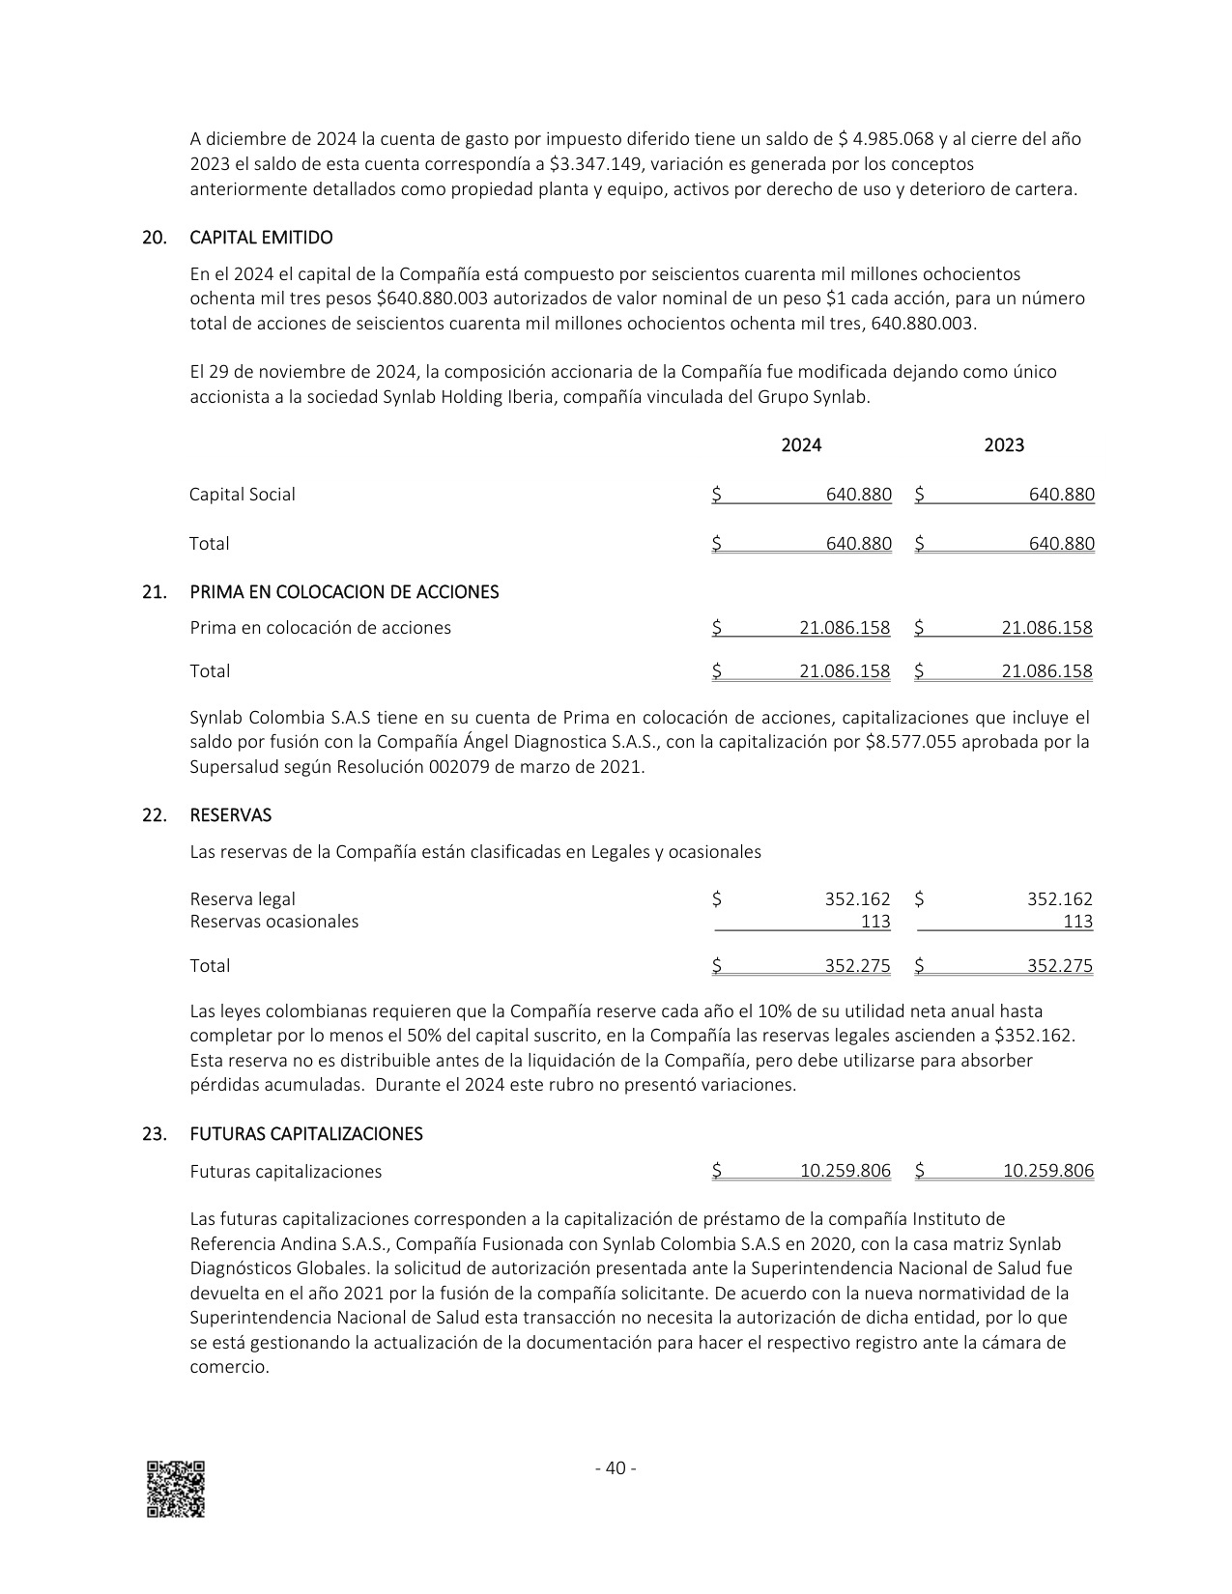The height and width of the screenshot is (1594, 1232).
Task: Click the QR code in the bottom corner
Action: tap(175, 1489)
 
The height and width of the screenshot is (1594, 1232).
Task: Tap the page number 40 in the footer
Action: tap(615, 1468)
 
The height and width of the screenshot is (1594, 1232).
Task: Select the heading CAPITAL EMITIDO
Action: tap(261, 238)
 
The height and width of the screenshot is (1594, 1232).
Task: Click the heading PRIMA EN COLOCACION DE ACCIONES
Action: tap(344, 592)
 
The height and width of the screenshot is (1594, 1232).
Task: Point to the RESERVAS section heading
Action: tap(230, 815)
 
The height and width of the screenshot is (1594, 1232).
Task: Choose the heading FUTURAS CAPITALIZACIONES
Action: tap(306, 1134)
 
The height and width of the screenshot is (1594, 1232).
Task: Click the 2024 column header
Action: tap(801, 445)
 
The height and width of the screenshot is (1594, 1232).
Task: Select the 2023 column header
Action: tap(1004, 445)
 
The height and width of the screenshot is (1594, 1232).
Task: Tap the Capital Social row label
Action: tap(242, 495)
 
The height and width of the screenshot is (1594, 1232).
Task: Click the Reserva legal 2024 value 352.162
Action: tap(857, 899)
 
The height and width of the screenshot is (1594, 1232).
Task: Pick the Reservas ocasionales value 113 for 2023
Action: tap(1077, 922)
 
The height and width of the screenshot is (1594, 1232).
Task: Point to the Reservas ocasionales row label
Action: tap(273, 922)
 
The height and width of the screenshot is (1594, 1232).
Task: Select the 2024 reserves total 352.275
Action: tap(857, 966)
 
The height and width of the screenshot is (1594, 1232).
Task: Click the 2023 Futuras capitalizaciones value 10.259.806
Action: tap(1047, 1172)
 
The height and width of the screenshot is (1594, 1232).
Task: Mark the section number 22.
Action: tap(153, 815)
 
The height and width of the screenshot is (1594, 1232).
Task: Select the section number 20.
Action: tap(153, 238)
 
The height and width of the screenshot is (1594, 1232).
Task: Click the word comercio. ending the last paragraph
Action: tap(229, 1368)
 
